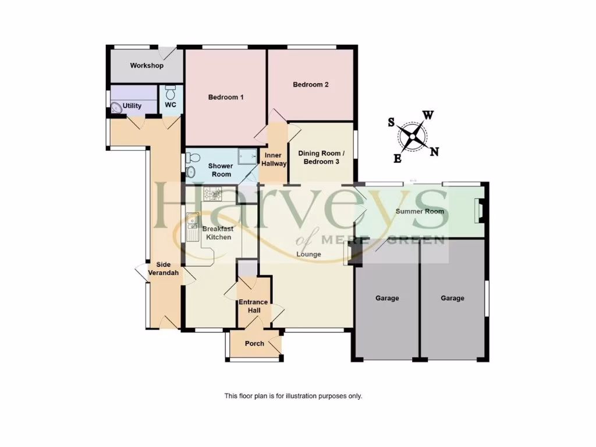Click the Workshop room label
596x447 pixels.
[x=147, y=66]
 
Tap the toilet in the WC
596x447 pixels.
[x=171, y=93]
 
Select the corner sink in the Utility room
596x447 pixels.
[x=116, y=107]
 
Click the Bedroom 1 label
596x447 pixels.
[x=226, y=97]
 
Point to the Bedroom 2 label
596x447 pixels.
[x=310, y=84]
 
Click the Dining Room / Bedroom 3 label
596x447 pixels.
[x=321, y=157]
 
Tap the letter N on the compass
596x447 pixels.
[x=434, y=152]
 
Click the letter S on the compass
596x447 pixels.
[x=392, y=122]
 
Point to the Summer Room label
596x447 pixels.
[x=420, y=211]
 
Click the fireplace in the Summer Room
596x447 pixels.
[x=478, y=210]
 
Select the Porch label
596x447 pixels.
[x=254, y=343]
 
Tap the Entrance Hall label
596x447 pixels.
[x=253, y=306]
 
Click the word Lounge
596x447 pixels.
[x=308, y=254]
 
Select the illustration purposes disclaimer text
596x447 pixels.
[x=293, y=396]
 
